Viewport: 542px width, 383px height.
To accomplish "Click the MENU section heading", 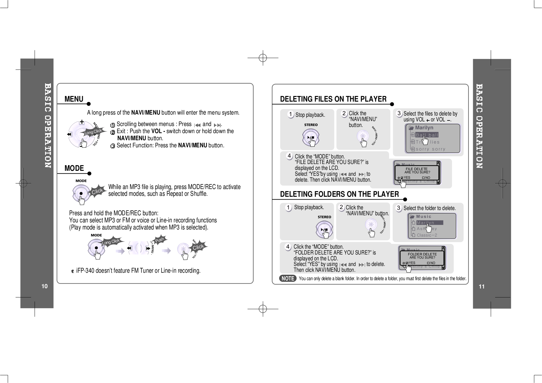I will (74, 99).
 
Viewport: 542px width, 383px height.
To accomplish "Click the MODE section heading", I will (74, 168).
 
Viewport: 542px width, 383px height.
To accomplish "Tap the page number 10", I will (45, 286).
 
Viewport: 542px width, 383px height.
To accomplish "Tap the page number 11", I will (481, 287).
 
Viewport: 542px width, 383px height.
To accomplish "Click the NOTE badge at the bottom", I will (288, 278).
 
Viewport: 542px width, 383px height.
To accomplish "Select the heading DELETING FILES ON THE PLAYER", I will (333, 99).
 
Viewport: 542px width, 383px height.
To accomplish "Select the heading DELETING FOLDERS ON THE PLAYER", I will (339, 194).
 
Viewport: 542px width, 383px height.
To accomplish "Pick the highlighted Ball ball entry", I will (427, 135).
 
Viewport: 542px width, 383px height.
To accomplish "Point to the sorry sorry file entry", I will (431, 149).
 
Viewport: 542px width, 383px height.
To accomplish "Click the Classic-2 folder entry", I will (427, 235).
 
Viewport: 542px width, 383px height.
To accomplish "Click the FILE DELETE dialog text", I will (416, 169).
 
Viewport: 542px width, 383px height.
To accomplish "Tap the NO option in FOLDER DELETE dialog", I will (432, 263).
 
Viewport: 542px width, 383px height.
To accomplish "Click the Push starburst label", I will (160, 240).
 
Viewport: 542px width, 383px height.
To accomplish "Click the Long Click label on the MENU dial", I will (93, 132).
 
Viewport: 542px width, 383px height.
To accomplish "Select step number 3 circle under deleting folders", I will (399, 208).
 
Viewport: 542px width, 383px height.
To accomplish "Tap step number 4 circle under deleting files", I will (289, 156).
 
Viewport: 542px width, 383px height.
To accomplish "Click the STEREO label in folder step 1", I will (324, 217).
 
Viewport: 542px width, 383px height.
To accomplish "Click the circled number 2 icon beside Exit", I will (113, 132).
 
